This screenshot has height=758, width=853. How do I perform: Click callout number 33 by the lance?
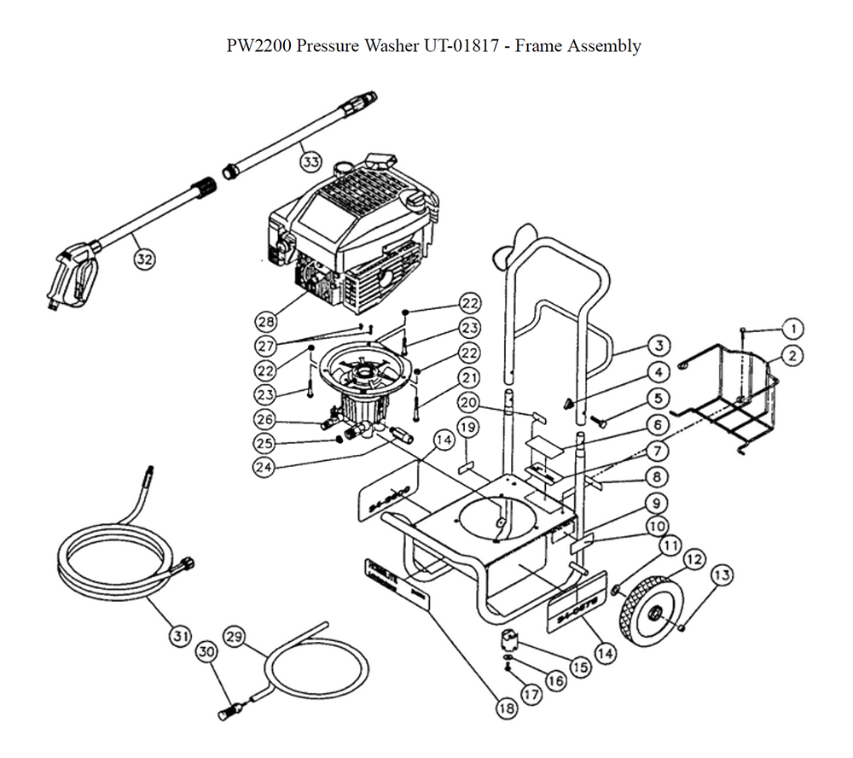tap(310, 160)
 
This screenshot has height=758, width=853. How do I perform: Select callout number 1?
tap(792, 328)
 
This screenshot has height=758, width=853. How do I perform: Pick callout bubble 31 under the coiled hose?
tap(178, 635)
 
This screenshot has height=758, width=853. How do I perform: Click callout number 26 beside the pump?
tap(266, 419)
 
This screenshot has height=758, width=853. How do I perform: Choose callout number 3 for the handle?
tap(656, 346)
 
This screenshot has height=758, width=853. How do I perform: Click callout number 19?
tap(467, 426)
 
